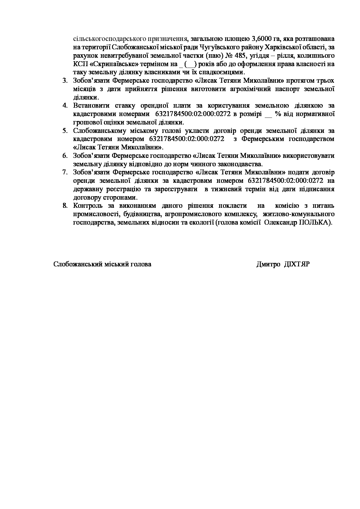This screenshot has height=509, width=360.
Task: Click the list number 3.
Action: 65,80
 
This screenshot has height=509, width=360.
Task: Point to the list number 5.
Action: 65,131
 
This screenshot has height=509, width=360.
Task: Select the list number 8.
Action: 65,206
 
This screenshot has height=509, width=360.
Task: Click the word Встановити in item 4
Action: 91,106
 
